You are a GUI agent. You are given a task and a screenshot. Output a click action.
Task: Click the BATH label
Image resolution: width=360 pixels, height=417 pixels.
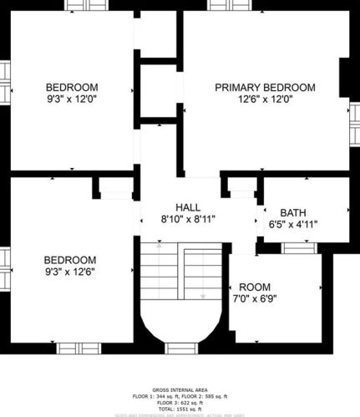coord(292,212)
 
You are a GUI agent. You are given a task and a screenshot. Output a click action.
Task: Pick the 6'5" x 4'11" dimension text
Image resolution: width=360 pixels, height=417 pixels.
coord(292,225)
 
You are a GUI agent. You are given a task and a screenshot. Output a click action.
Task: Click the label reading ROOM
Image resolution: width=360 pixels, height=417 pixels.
coord(255,287)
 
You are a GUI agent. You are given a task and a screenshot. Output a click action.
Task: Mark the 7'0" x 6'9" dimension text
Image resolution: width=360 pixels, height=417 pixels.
coord(255,298)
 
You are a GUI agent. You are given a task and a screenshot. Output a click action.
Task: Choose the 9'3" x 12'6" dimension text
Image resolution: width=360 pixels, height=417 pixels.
coord(70,272)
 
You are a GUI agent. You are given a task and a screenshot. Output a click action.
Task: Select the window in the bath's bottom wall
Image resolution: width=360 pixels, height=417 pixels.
coord(297,247)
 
